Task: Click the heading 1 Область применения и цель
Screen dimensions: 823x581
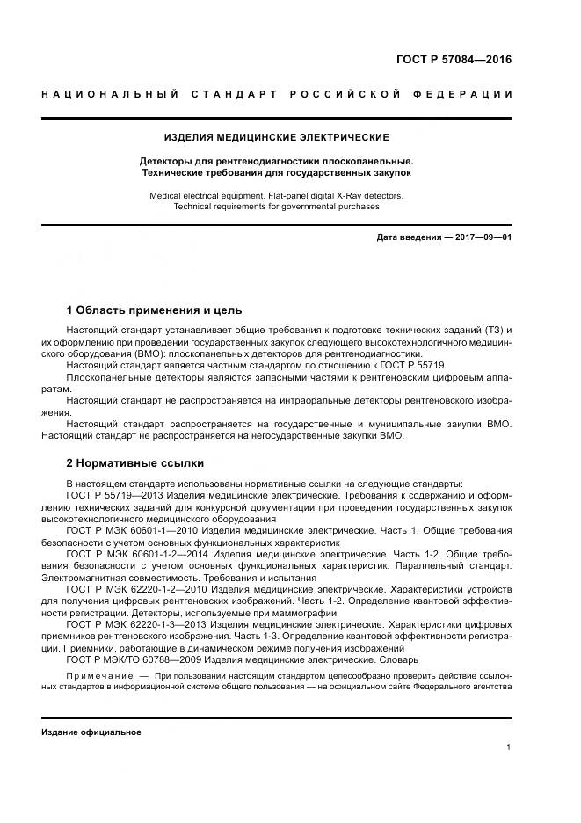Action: coord(154,310)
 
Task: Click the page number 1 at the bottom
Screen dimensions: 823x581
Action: coord(509,747)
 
